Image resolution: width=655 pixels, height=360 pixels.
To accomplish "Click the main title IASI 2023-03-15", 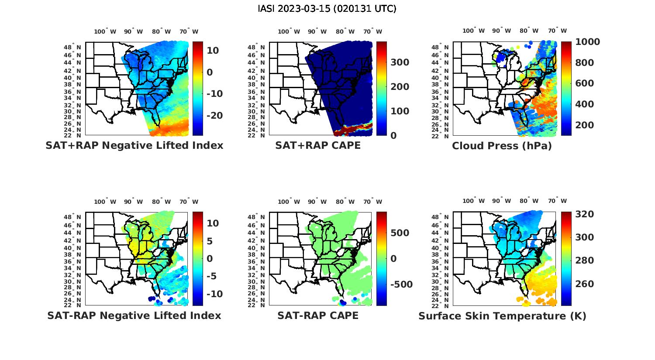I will [x=327, y=9].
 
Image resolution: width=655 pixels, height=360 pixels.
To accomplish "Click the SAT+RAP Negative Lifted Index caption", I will [x=134, y=145].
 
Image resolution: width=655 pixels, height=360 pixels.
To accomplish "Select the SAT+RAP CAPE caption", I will [x=318, y=145].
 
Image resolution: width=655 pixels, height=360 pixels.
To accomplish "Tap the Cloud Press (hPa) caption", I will [x=502, y=146].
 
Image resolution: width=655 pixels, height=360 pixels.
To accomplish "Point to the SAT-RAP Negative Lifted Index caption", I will [x=134, y=315].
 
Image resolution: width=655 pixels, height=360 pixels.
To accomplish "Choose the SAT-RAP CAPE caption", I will [x=318, y=315].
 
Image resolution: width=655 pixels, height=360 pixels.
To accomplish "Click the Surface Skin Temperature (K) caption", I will [x=502, y=316].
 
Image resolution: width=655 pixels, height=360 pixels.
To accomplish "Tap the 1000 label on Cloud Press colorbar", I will [x=587, y=42].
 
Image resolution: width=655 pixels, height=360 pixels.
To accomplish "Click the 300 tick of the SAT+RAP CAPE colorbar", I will [x=400, y=62].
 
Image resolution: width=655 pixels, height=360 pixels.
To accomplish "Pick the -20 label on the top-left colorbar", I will [x=214, y=115].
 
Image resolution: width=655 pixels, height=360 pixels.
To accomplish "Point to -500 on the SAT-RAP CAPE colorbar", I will [x=401, y=285].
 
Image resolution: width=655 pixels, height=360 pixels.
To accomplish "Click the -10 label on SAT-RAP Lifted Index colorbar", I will [x=214, y=294].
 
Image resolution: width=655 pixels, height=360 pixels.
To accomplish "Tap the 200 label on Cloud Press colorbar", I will [x=585, y=125].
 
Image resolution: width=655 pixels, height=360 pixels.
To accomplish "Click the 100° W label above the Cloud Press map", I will [x=474, y=31].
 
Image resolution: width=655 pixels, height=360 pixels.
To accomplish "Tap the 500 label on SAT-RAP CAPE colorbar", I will [x=400, y=233].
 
